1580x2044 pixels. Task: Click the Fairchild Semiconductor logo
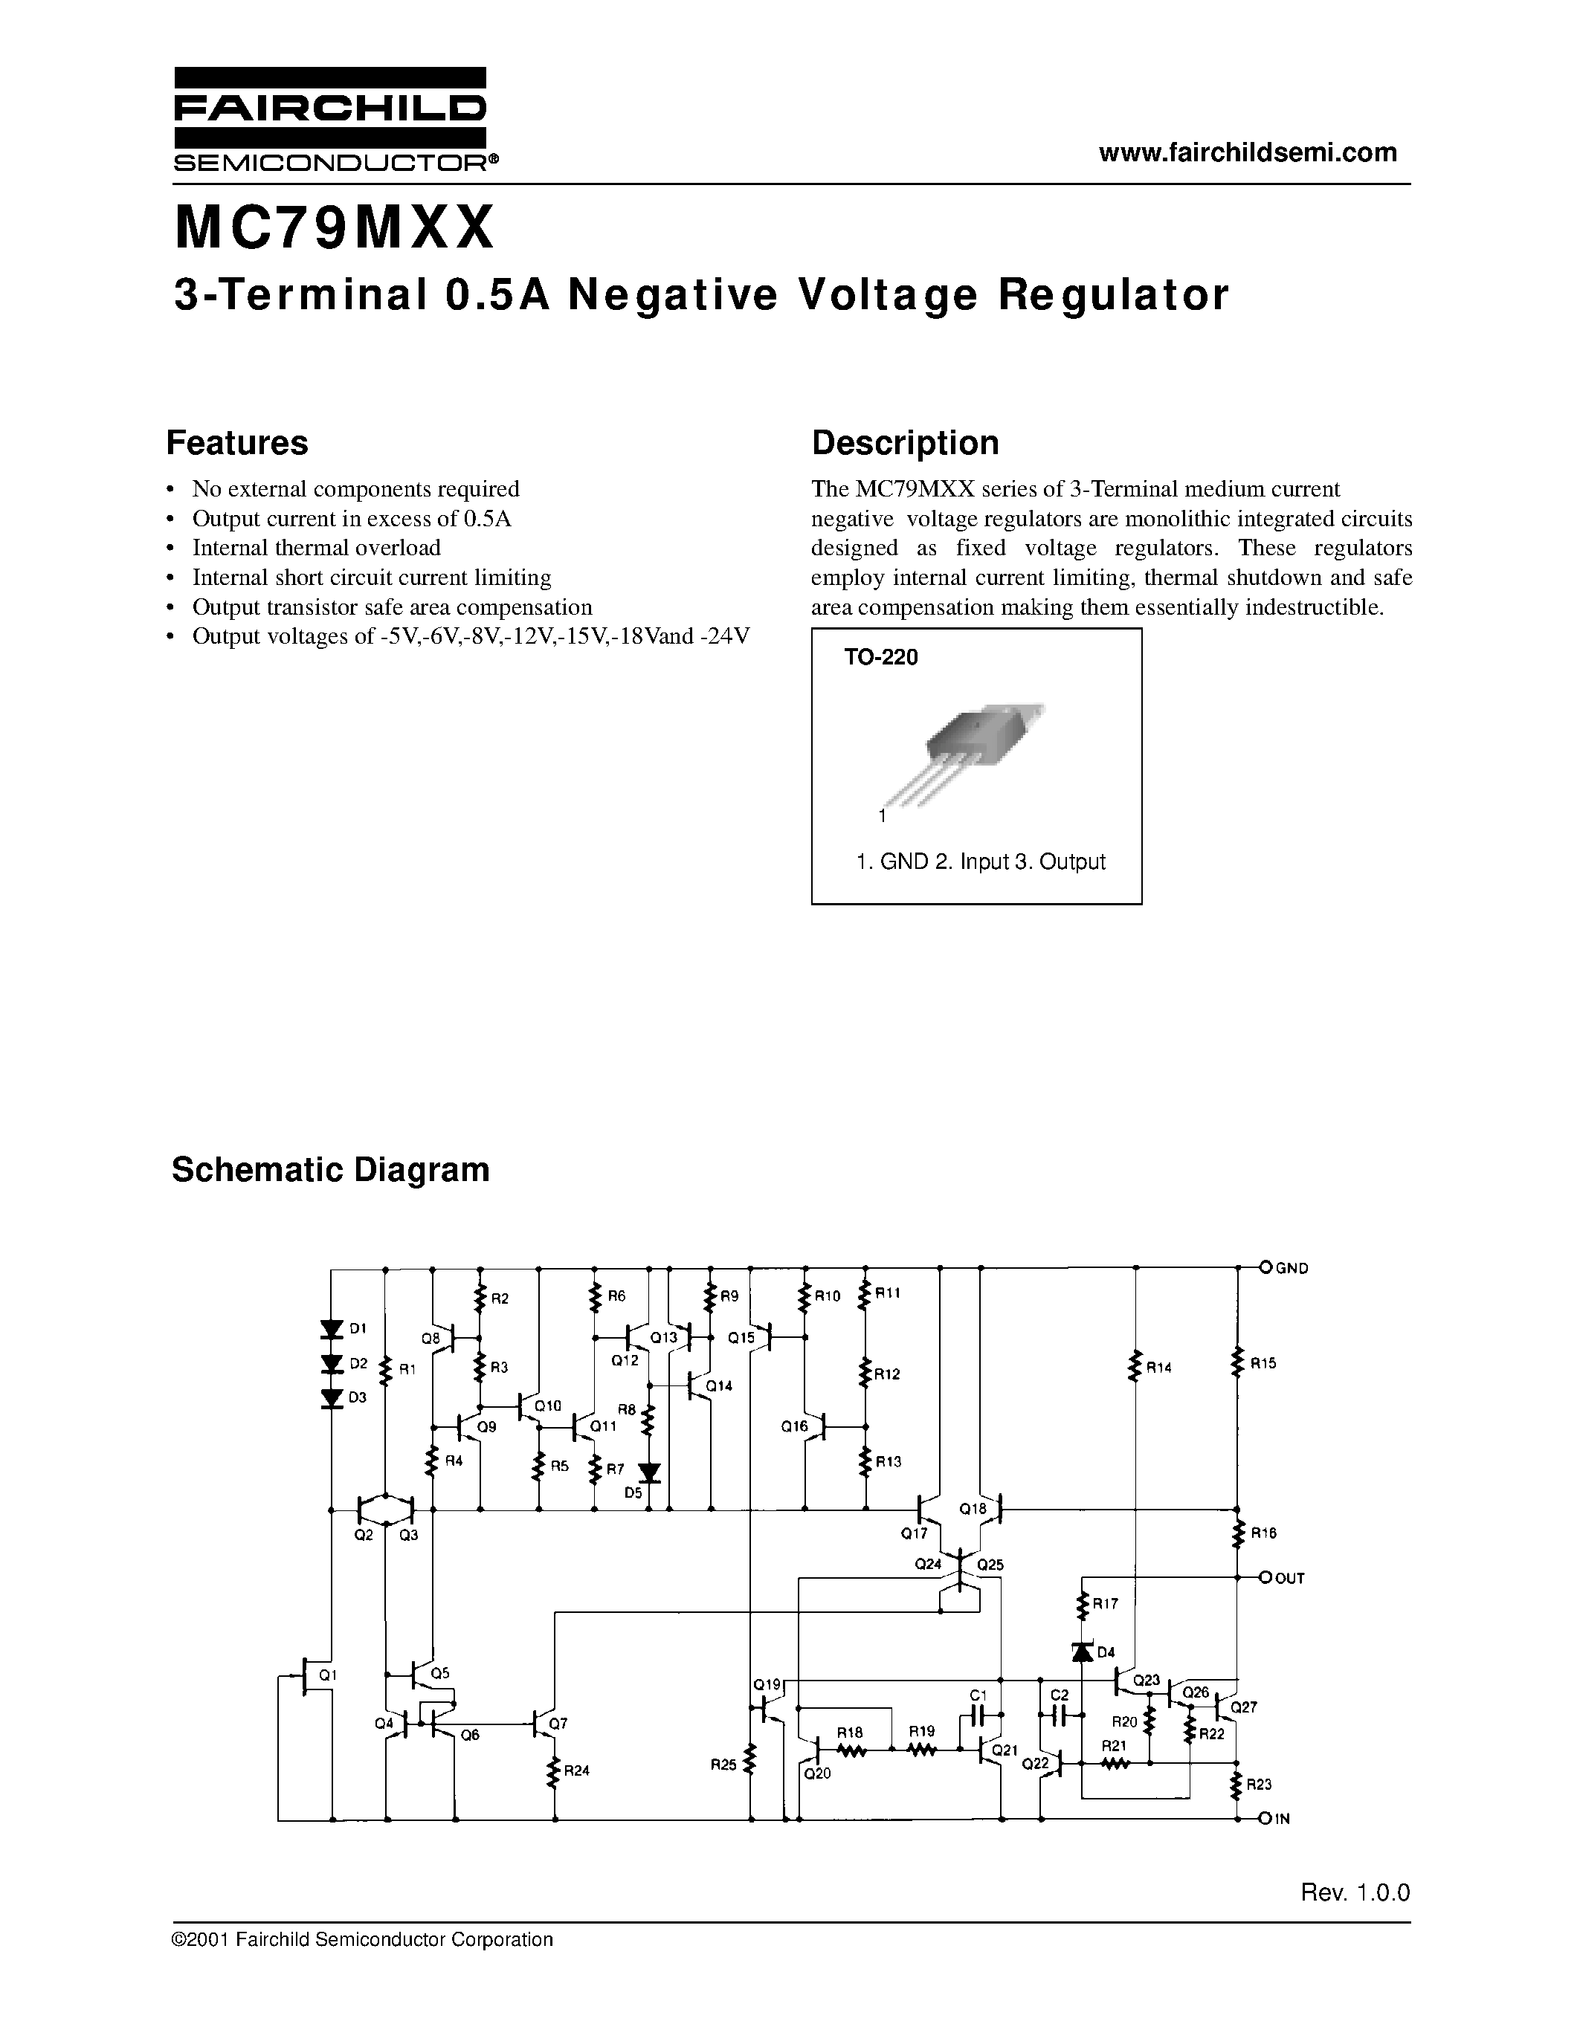pos(329,120)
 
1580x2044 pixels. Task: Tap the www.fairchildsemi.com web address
pos(1248,152)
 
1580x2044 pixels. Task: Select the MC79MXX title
pos(334,229)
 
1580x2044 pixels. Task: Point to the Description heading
pos(904,443)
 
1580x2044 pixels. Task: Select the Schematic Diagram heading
pos(330,1170)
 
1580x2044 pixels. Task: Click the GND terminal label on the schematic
pos(1292,1268)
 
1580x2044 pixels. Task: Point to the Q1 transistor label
pos(326,1675)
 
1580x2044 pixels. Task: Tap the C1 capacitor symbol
pos(980,1715)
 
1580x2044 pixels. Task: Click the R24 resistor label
pos(576,1770)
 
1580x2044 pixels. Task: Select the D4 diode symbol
pos(1083,1652)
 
